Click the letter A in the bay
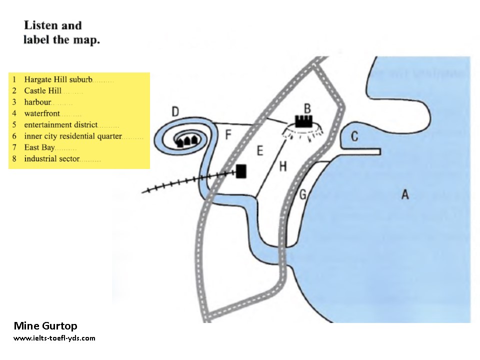point(405,194)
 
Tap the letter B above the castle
point(308,108)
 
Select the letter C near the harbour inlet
point(354,136)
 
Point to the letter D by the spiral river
point(175,112)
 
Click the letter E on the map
point(259,150)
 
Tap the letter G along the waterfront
point(302,195)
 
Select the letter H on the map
point(283,166)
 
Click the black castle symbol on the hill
point(303,121)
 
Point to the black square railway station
point(241,171)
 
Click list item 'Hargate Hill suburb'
point(58,79)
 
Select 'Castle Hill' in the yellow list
point(42,90)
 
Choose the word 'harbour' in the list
point(37,102)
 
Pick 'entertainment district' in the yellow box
point(60,124)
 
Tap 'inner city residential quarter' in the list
point(72,136)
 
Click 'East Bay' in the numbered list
point(39,147)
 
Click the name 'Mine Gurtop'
point(45,326)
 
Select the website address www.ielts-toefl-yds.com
point(54,338)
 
